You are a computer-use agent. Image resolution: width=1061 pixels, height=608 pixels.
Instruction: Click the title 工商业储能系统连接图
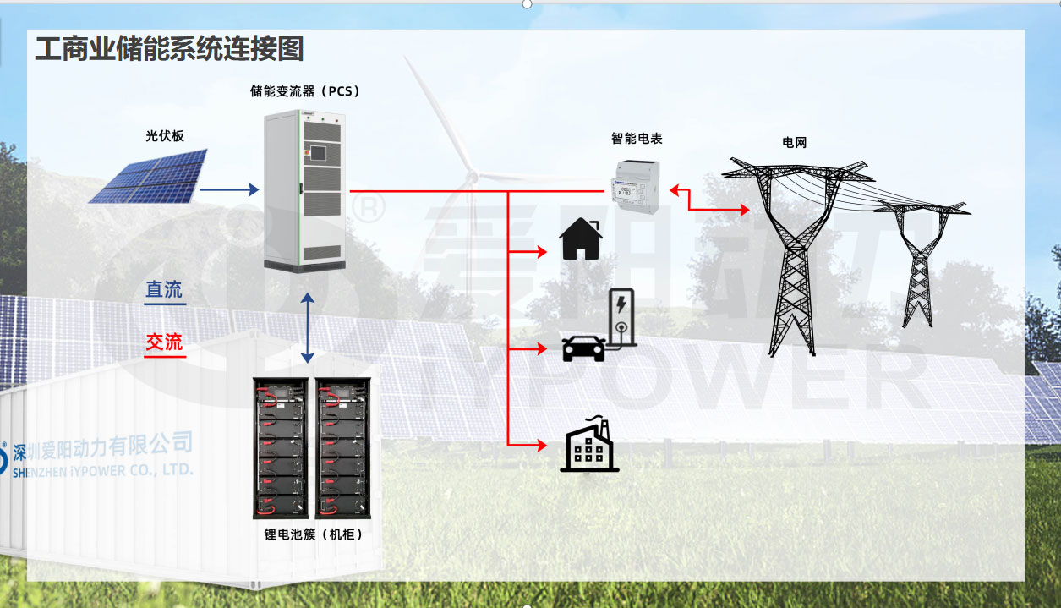pos(169,49)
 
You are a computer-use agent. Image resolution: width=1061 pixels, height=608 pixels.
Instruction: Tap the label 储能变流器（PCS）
pos(311,91)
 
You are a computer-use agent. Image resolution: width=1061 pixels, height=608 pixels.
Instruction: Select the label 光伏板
pos(165,135)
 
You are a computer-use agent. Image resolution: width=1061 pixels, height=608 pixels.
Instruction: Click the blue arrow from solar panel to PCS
pos(229,190)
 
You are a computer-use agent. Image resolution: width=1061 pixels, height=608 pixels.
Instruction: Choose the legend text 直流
pos(164,290)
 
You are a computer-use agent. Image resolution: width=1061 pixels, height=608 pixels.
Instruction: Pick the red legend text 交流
pos(164,342)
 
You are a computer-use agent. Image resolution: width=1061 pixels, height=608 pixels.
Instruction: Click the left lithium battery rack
pos(282,447)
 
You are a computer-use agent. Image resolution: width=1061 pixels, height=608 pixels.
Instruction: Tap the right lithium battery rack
pos(343,447)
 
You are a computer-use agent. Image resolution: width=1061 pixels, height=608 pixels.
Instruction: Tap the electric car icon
pos(584,347)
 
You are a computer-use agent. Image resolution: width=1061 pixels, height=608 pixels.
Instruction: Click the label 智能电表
pos(637,138)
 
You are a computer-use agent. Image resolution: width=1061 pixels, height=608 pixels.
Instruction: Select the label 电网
pos(795,143)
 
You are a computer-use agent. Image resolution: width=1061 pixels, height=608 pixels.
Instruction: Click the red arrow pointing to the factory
pos(528,444)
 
